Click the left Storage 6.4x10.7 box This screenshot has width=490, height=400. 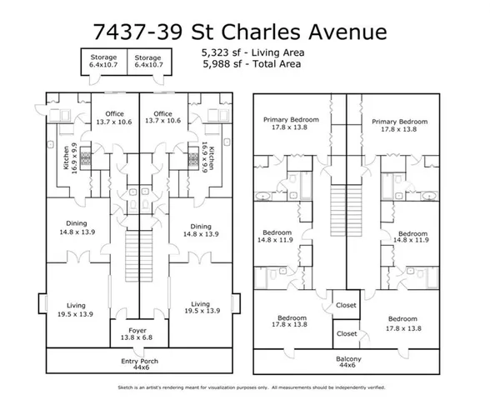point(98,60)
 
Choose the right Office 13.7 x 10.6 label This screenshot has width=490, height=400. point(163,117)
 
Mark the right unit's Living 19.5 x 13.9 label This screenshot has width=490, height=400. point(200,307)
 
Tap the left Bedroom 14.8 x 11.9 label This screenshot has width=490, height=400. point(277,236)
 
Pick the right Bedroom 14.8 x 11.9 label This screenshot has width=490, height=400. point(412,236)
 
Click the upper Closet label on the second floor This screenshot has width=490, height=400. point(345,305)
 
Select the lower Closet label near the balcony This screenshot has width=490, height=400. point(345,332)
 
